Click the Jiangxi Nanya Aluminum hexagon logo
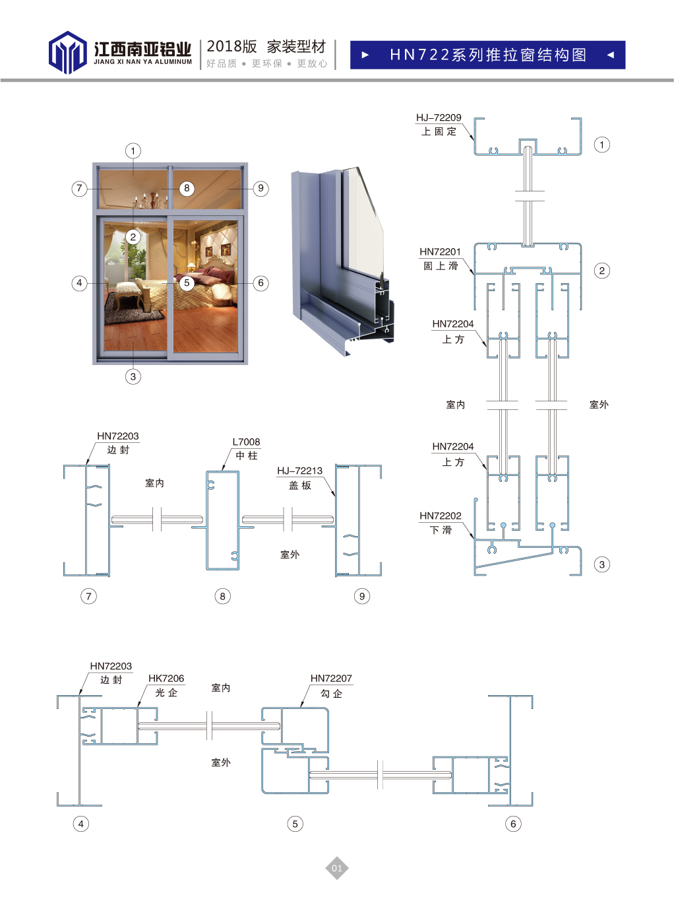tap(67, 52)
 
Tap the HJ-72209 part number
tap(439, 118)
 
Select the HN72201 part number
tap(440, 252)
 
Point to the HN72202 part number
tap(440, 516)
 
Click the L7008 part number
tap(246, 442)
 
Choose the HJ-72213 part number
tap(299, 471)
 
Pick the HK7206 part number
tap(166, 678)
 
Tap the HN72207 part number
tap(331, 678)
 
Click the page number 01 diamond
tap(337, 868)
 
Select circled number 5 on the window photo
tap(187, 283)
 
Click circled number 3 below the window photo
tap(133, 377)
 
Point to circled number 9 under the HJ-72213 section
tap(362, 596)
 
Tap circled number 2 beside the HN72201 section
tap(602, 271)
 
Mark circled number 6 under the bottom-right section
tap(514, 824)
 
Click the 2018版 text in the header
tap(231, 46)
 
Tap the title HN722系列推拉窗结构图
tap(488, 55)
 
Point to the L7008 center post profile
tap(222, 520)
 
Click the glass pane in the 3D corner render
tap(363, 221)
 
